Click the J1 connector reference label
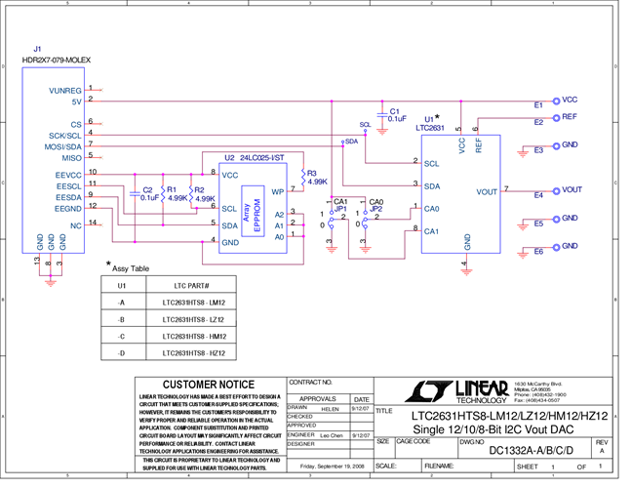pyautogui.click(x=37, y=49)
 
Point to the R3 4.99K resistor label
pyautogui.click(x=317, y=177)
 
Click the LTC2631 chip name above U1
pyautogui.click(x=430, y=128)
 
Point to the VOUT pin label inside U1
pyautogui.click(x=487, y=191)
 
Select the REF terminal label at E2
pyautogui.click(x=570, y=116)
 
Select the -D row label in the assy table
pyautogui.click(x=121, y=352)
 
